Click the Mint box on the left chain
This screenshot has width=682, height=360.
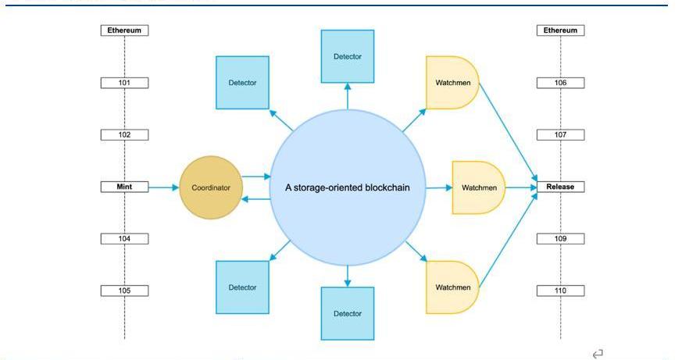click(x=124, y=187)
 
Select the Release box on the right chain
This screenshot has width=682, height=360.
click(x=560, y=187)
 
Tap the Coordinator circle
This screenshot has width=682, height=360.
click(x=211, y=187)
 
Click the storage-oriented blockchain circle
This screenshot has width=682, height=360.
click(x=347, y=187)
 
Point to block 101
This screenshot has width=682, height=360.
click(x=124, y=83)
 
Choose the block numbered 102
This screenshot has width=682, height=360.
click(x=124, y=135)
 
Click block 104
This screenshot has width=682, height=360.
click(x=124, y=239)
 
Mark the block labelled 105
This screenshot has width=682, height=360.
click(x=124, y=291)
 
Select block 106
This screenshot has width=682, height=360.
click(x=560, y=83)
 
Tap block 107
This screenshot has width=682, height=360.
click(x=560, y=135)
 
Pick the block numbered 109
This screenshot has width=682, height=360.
click(x=560, y=239)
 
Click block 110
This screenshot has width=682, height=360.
click(x=560, y=291)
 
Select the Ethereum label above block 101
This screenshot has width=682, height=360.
click(x=124, y=30)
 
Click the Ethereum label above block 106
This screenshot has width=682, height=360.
click(x=560, y=30)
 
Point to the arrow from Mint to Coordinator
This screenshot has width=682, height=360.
click(x=163, y=187)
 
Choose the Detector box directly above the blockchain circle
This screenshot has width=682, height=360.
click(x=348, y=56)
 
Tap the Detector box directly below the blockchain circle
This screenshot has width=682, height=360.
click(x=348, y=313)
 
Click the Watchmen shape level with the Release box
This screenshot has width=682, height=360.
click(x=479, y=187)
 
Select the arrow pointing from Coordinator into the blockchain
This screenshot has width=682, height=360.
click(x=255, y=177)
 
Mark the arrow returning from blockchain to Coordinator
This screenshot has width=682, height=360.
click(x=255, y=199)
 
